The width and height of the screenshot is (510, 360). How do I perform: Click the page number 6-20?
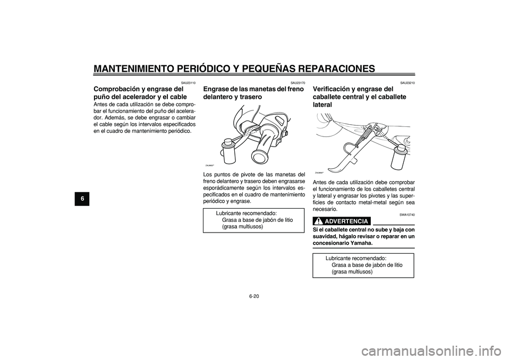tap(254, 296)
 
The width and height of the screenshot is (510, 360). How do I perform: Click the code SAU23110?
tap(188, 83)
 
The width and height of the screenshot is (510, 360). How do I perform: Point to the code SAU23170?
tap(297, 83)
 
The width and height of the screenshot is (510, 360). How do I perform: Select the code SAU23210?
tap(407, 83)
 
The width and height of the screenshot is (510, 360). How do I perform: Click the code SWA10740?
tap(407, 215)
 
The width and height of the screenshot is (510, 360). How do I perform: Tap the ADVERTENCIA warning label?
tap(346, 221)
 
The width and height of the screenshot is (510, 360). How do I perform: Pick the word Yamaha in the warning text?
tap(359, 243)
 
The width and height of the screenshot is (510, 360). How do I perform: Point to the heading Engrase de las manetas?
tap(254, 93)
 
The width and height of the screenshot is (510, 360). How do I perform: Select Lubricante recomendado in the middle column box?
tap(246, 213)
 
